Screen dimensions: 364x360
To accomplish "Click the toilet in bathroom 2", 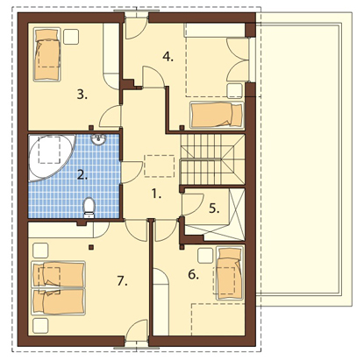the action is (x=89, y=208).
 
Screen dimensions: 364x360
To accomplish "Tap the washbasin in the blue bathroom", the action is (x=99, y=139).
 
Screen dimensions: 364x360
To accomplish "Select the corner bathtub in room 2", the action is (x=52, y=158).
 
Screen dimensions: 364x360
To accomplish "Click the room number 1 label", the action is (x=156, y=194).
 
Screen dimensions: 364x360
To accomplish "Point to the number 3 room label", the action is (x=82, y=95).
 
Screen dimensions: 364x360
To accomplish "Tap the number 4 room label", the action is (x=168, y=56).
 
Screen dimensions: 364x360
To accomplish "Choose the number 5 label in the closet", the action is (x=214, y=208).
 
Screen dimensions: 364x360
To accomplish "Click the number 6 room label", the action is (x=193, y=274).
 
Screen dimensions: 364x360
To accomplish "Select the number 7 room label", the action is (x=122, y=281).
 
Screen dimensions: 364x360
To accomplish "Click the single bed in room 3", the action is (x=47, y=54).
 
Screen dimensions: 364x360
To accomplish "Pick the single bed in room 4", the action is (x=217, y=115).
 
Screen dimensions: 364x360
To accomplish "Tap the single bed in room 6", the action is (x=230, y=273).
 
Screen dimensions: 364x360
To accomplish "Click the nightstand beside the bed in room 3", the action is (x=71, y=37).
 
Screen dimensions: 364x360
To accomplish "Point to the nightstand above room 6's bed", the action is (x=205, y=255).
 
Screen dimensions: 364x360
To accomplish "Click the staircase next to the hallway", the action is (x=212, y=159).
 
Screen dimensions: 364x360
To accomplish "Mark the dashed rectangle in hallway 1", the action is (x=160, y=166).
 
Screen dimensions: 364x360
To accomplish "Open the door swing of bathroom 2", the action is (x=132, y=173).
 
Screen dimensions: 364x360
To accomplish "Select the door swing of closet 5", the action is (x=192, y=204).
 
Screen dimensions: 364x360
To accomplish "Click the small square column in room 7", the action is (x=91, y=247).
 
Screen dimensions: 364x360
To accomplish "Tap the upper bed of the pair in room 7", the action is (x=58, y=274).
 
